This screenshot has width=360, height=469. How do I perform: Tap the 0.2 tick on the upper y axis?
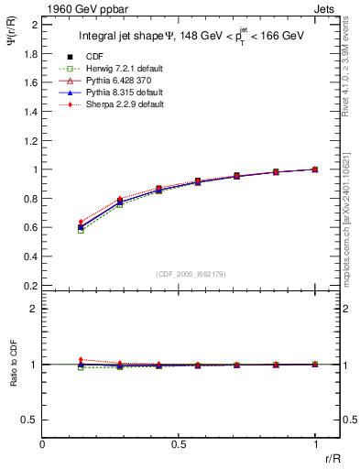(x=29, y=285)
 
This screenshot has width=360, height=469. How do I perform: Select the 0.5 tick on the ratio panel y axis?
(x=29, y=420)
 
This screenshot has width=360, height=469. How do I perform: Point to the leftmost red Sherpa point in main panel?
(x=81, y=222)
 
